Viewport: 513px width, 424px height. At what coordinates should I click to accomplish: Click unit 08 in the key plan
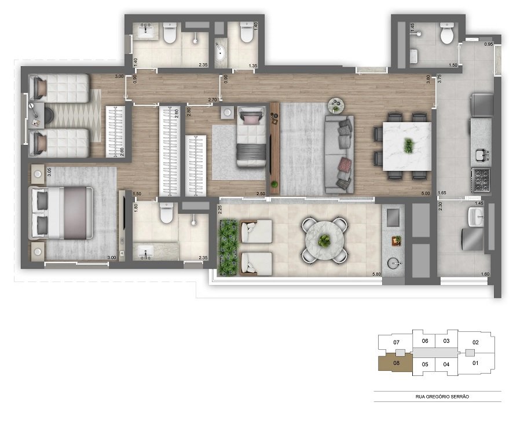pyautogui.click(x=396, y=364)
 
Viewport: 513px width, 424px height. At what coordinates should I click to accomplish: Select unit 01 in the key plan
pyautogui.click(x=476, y=363)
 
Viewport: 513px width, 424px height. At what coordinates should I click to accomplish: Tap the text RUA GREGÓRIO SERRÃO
pyautogui.click(x=438, y=396)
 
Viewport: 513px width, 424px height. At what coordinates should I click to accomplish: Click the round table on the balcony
pyautogui.click(x=325, y=237)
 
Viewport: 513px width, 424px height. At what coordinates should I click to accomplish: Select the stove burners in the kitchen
pyautogui.click(x=482, y=180)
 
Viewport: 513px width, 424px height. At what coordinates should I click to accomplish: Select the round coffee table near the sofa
pyautogui.click(x=335, y=106)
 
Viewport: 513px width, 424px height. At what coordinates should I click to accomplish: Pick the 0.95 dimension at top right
pyautogui.click(x=488, y=44)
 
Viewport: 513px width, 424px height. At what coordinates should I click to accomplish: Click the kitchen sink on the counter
pyautogui.click(x=479, y=155)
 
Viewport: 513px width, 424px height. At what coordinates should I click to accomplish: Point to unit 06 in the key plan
pyautogui.click(x=425, y=341)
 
